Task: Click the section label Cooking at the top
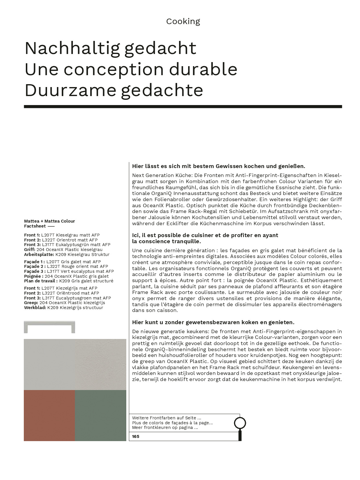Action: coord(183,21)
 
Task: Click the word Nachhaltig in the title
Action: coord(72,48)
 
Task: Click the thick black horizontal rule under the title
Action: coord(183,107)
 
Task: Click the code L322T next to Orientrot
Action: coord(48,240)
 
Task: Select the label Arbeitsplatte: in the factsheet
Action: coord(39,255)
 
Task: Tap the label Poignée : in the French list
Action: coord(34,276)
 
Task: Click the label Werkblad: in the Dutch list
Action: coord(35,308)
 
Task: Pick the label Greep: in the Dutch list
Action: coord(31,303)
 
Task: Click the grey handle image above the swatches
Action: coord(49,327)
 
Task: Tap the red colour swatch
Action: coord(49,415)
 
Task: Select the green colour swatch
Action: coord(100,415)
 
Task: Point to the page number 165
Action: coord(136,436)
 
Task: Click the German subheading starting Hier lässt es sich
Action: coord(218,166)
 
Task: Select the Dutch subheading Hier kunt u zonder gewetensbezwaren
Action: coord(213,322)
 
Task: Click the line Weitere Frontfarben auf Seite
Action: coord(166,418)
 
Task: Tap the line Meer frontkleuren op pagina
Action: coord(165,427)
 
